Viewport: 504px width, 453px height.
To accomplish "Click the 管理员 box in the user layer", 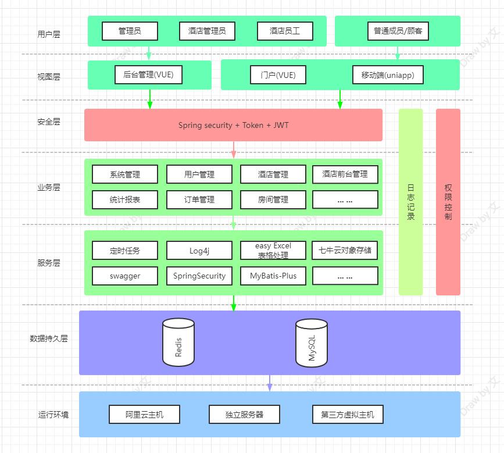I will tap(130, 31).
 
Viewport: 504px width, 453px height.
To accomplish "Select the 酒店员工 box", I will tap(285, 31).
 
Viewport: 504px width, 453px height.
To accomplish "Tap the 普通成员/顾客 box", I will tap(398, 31).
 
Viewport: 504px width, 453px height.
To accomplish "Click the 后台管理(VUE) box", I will tap(149, 75).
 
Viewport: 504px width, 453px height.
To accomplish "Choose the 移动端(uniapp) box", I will tap(388, 75).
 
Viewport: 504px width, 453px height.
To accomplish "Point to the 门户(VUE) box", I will tap(278, 75).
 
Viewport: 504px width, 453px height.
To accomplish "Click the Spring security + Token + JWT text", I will tap(233, 125).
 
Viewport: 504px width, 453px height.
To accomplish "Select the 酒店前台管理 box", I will tap(345, 174).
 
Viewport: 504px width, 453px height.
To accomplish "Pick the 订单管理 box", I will tap(199, 199).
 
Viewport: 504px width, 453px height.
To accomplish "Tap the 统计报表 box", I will tap(125, 199).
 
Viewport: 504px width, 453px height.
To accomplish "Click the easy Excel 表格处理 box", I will tap(273, 251).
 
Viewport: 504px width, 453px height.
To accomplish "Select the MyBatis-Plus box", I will tap(273, 276).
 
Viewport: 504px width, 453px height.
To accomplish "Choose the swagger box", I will tap(125, 276).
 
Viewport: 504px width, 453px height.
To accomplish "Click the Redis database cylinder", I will tap(178, 343).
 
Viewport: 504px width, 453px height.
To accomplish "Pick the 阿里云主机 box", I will tap(144, 415).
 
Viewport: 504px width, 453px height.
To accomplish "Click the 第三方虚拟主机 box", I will tap(348, 415).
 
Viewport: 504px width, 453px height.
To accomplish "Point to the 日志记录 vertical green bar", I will tap(411, 202).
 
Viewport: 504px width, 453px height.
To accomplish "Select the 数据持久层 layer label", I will tap(49, 338).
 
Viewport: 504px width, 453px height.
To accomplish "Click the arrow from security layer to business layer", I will tap(234, 149).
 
